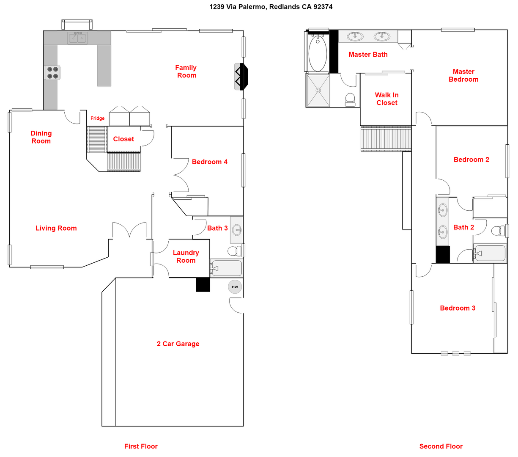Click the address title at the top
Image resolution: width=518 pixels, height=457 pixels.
click(271, 7)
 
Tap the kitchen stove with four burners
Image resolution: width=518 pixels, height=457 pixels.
click(53, 73)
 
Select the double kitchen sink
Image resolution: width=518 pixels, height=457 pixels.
click(77, 39)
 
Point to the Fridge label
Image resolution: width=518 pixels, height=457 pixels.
click(97, 118)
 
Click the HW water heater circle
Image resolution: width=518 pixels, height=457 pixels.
click(235, 287)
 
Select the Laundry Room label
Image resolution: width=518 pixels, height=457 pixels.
click(186, 256)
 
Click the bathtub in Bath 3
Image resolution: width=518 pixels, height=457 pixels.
click(227, 268)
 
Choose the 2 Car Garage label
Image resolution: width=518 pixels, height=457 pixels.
click(178, 344)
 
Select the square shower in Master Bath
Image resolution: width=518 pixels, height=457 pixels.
click(318, 90)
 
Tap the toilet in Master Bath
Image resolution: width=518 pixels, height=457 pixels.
click(350, 99)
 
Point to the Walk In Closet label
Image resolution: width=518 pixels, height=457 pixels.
click(386, 99)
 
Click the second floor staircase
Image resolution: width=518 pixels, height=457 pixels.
click(386, 138)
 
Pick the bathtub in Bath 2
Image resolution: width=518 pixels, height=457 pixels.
click(490, 253)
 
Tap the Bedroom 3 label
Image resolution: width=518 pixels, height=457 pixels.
click(458, 308)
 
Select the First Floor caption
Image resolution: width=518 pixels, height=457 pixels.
click(141, 446)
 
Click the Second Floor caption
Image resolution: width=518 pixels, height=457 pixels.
click(441, 446)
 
